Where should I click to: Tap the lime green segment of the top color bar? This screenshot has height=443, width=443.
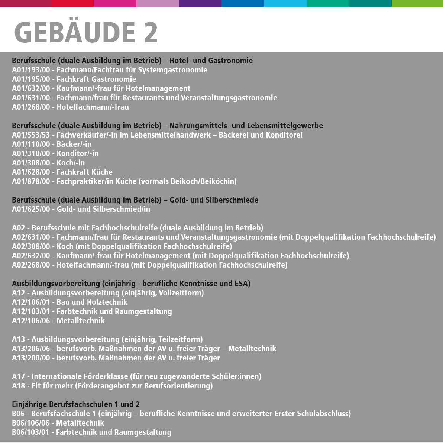[417, 4]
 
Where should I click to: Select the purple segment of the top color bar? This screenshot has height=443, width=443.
[200, 4]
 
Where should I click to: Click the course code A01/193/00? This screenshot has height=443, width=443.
[31, 70]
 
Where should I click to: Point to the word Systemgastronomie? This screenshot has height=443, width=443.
[173, 70]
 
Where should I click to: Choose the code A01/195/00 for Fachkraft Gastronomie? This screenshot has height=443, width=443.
[31, 79]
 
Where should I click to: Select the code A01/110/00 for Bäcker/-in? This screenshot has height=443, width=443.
[31, 144]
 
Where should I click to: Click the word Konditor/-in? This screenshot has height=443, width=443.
[77, 153]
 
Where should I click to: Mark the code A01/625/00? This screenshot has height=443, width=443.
[31, 209]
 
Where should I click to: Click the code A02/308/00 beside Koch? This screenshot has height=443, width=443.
[31, 246]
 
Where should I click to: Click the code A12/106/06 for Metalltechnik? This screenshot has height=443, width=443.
[31, 321]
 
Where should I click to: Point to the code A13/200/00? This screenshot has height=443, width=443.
[31, 358]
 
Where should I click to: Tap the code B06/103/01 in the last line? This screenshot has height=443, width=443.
[30, 432]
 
